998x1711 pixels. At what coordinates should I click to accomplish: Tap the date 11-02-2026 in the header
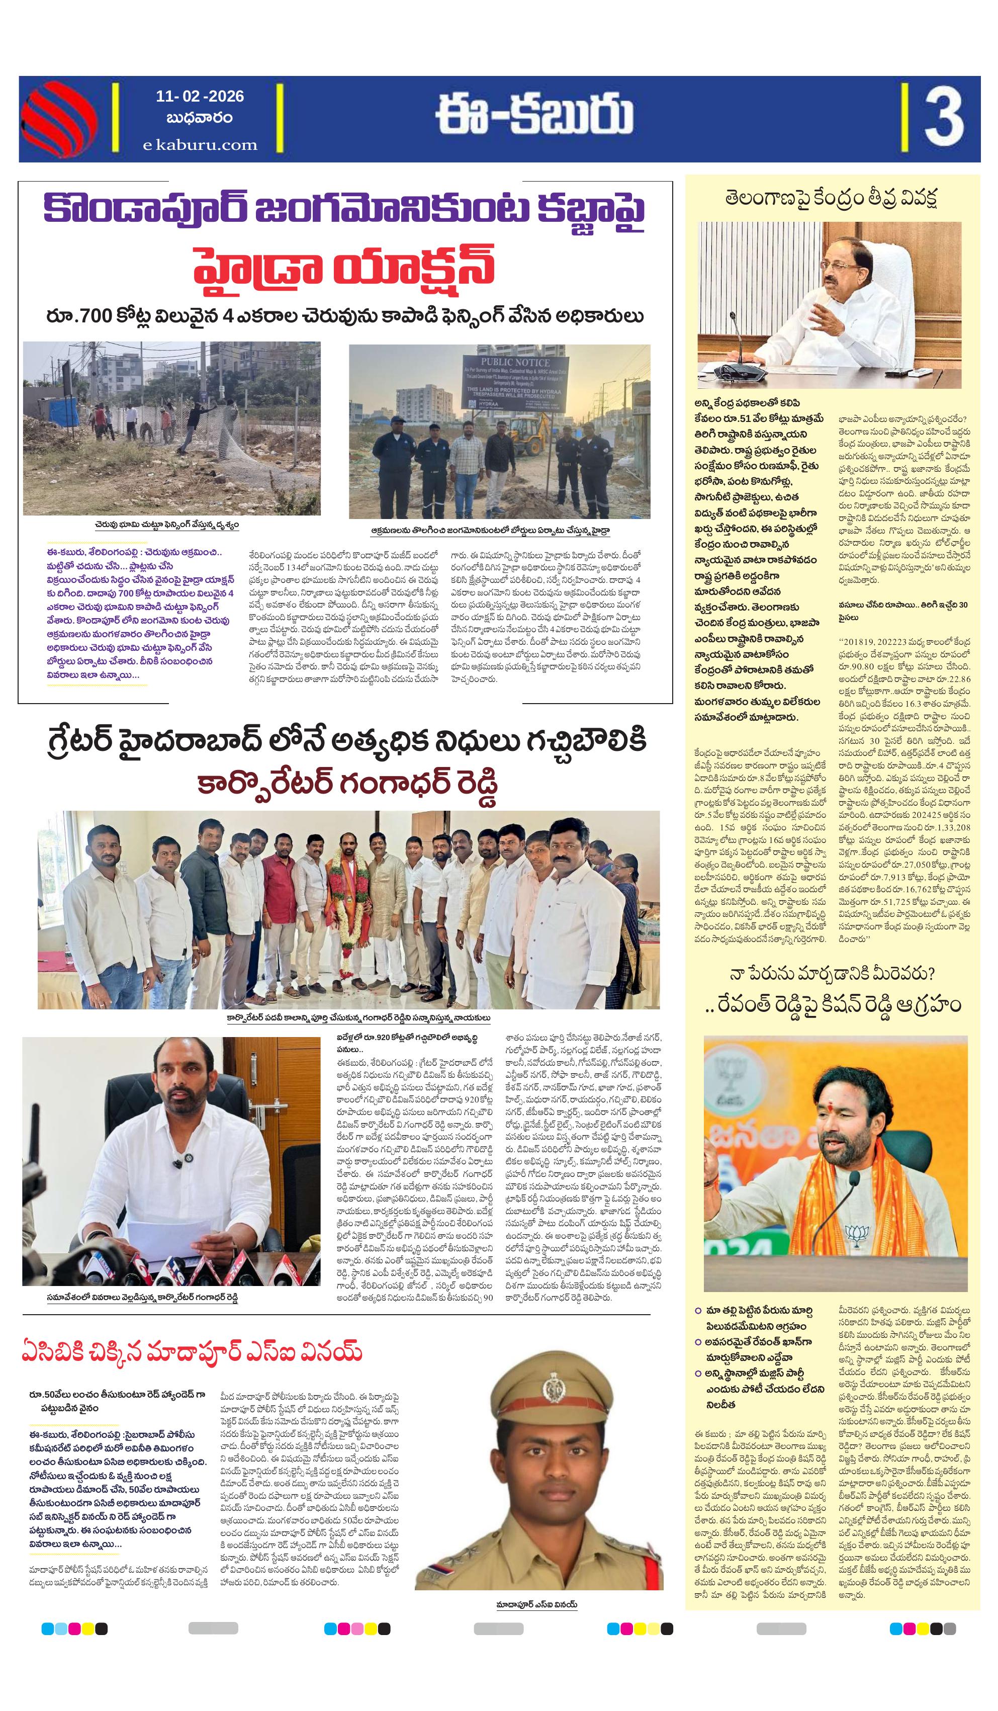tap(200, 97)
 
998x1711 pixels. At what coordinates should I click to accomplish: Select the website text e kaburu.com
tap(200, 145)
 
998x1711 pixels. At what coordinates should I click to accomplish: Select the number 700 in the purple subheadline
tap(89, 316)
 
